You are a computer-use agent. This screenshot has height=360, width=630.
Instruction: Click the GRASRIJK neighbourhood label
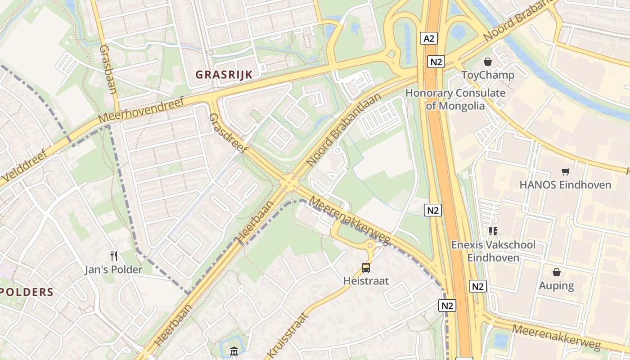pos(224,74)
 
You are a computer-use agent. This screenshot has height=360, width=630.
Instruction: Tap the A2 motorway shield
pos(429,38)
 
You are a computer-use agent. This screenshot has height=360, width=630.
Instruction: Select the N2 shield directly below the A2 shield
pos(436,62)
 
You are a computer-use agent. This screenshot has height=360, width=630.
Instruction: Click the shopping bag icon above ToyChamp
pos(487,62)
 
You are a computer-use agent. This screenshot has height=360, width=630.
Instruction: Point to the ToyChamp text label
pos(488,75)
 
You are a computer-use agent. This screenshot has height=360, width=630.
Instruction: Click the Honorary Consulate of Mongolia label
pos(455,99)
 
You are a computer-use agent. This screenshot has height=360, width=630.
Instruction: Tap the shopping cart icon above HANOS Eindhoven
pos(565,171)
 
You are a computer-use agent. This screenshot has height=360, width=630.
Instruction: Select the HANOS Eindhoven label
pos(565,184)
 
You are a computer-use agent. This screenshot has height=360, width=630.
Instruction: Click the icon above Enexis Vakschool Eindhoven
pos(493,231)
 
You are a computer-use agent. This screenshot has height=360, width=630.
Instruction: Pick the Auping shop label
pos(557,285)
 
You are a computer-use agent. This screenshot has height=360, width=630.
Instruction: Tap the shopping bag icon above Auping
pos(557,272)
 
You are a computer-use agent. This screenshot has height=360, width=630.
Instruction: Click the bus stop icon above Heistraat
pos(366,268)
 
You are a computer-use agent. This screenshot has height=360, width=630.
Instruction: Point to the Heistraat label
pos(366,281)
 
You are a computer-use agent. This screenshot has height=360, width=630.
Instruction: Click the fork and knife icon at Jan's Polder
pos(114,256)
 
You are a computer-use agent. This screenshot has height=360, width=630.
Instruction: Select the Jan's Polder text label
pos(114,270)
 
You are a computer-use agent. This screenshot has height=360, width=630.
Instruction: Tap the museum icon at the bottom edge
pos(234,351)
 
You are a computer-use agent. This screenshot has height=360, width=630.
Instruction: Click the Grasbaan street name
pos(108,69)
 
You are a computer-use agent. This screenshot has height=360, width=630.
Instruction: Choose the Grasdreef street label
pos(229,133)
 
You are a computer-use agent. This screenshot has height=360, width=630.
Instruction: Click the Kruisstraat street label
pos(288,335)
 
